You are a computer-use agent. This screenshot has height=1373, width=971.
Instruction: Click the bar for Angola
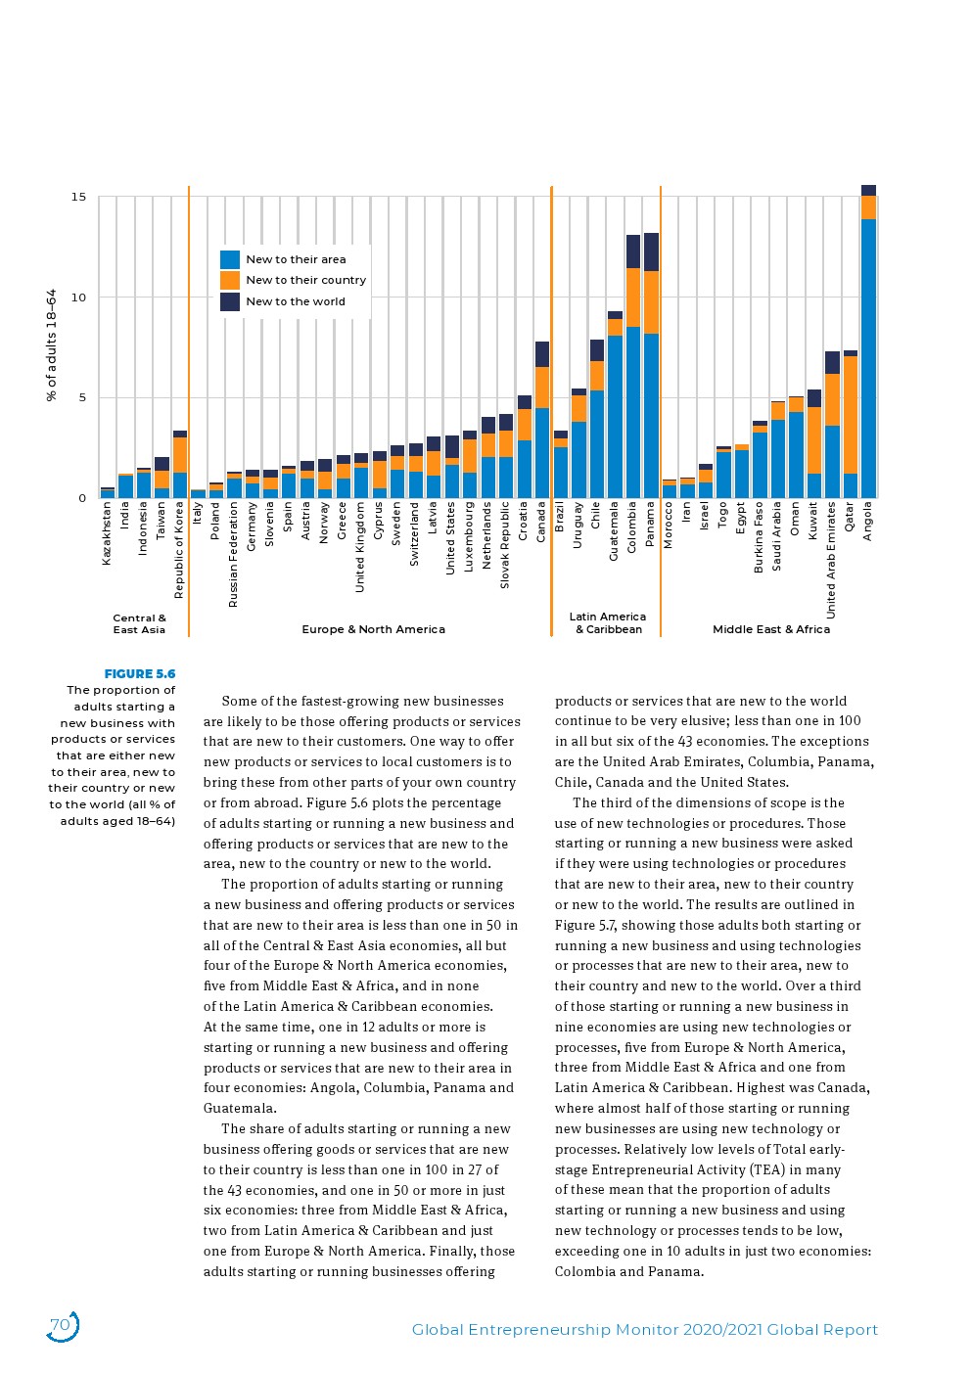tap(868, 343)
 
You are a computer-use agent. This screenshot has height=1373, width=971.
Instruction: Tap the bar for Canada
tap(542, 421)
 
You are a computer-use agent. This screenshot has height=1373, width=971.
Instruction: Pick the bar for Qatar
tap(850, 426)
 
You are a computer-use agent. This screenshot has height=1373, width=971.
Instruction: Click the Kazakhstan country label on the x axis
tap(107, 533)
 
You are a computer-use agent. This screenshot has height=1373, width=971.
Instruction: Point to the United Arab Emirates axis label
tap(831, 560)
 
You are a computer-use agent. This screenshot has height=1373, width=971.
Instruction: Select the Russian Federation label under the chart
tap(233, 555)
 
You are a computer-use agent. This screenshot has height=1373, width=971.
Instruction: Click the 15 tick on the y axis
tap(78, 197)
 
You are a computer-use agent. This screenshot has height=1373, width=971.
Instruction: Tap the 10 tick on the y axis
tap(78, 297)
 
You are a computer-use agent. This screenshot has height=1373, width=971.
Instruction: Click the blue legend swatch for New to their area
tap(230, 259)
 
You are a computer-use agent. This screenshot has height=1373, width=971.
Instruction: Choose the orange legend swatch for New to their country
tap(230, 280)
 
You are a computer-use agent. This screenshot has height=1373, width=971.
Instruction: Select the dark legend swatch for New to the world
tap(230, 301)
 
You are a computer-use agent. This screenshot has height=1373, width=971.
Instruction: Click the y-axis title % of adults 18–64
tap(52, 344)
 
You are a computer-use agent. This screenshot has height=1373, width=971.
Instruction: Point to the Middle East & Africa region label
tap(770, 629)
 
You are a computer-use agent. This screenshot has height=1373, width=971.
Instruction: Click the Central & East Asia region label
tap(139, 623)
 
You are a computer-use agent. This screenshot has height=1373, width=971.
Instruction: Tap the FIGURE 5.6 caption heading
tap(140, 673)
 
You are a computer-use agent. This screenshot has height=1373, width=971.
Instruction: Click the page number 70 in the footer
tap(61, 1325)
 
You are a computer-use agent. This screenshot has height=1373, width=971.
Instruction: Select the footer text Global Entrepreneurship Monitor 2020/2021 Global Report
tap(644, 1329)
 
